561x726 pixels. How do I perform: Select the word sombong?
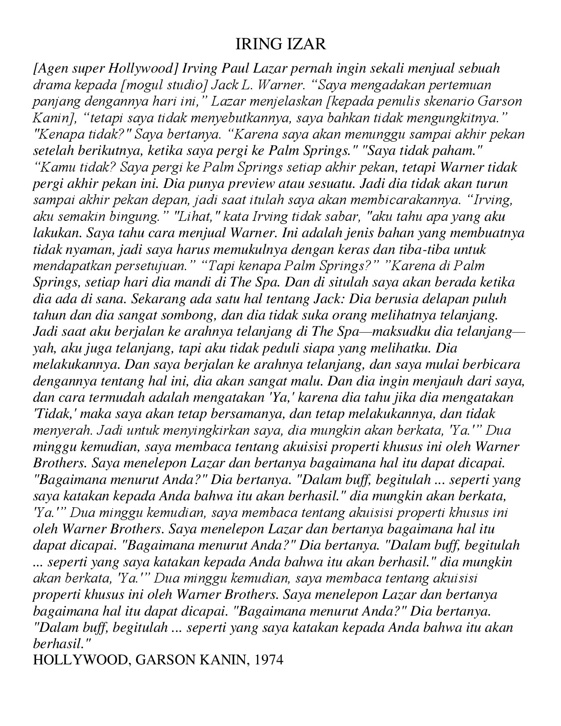(x=191, y=315)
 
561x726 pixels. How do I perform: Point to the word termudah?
(x=116, y=397)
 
